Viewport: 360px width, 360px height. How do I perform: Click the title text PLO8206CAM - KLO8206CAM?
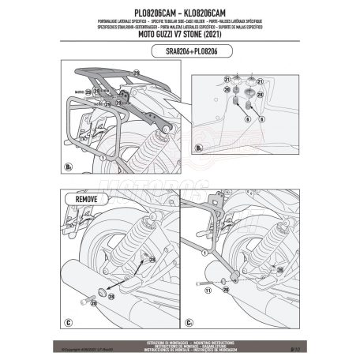coord(179,7)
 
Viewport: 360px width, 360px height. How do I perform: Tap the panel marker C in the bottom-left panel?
coord(67,322)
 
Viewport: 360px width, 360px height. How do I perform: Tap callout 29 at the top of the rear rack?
coord(135,73)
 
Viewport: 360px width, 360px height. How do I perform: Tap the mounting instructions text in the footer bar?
coord(179,339)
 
